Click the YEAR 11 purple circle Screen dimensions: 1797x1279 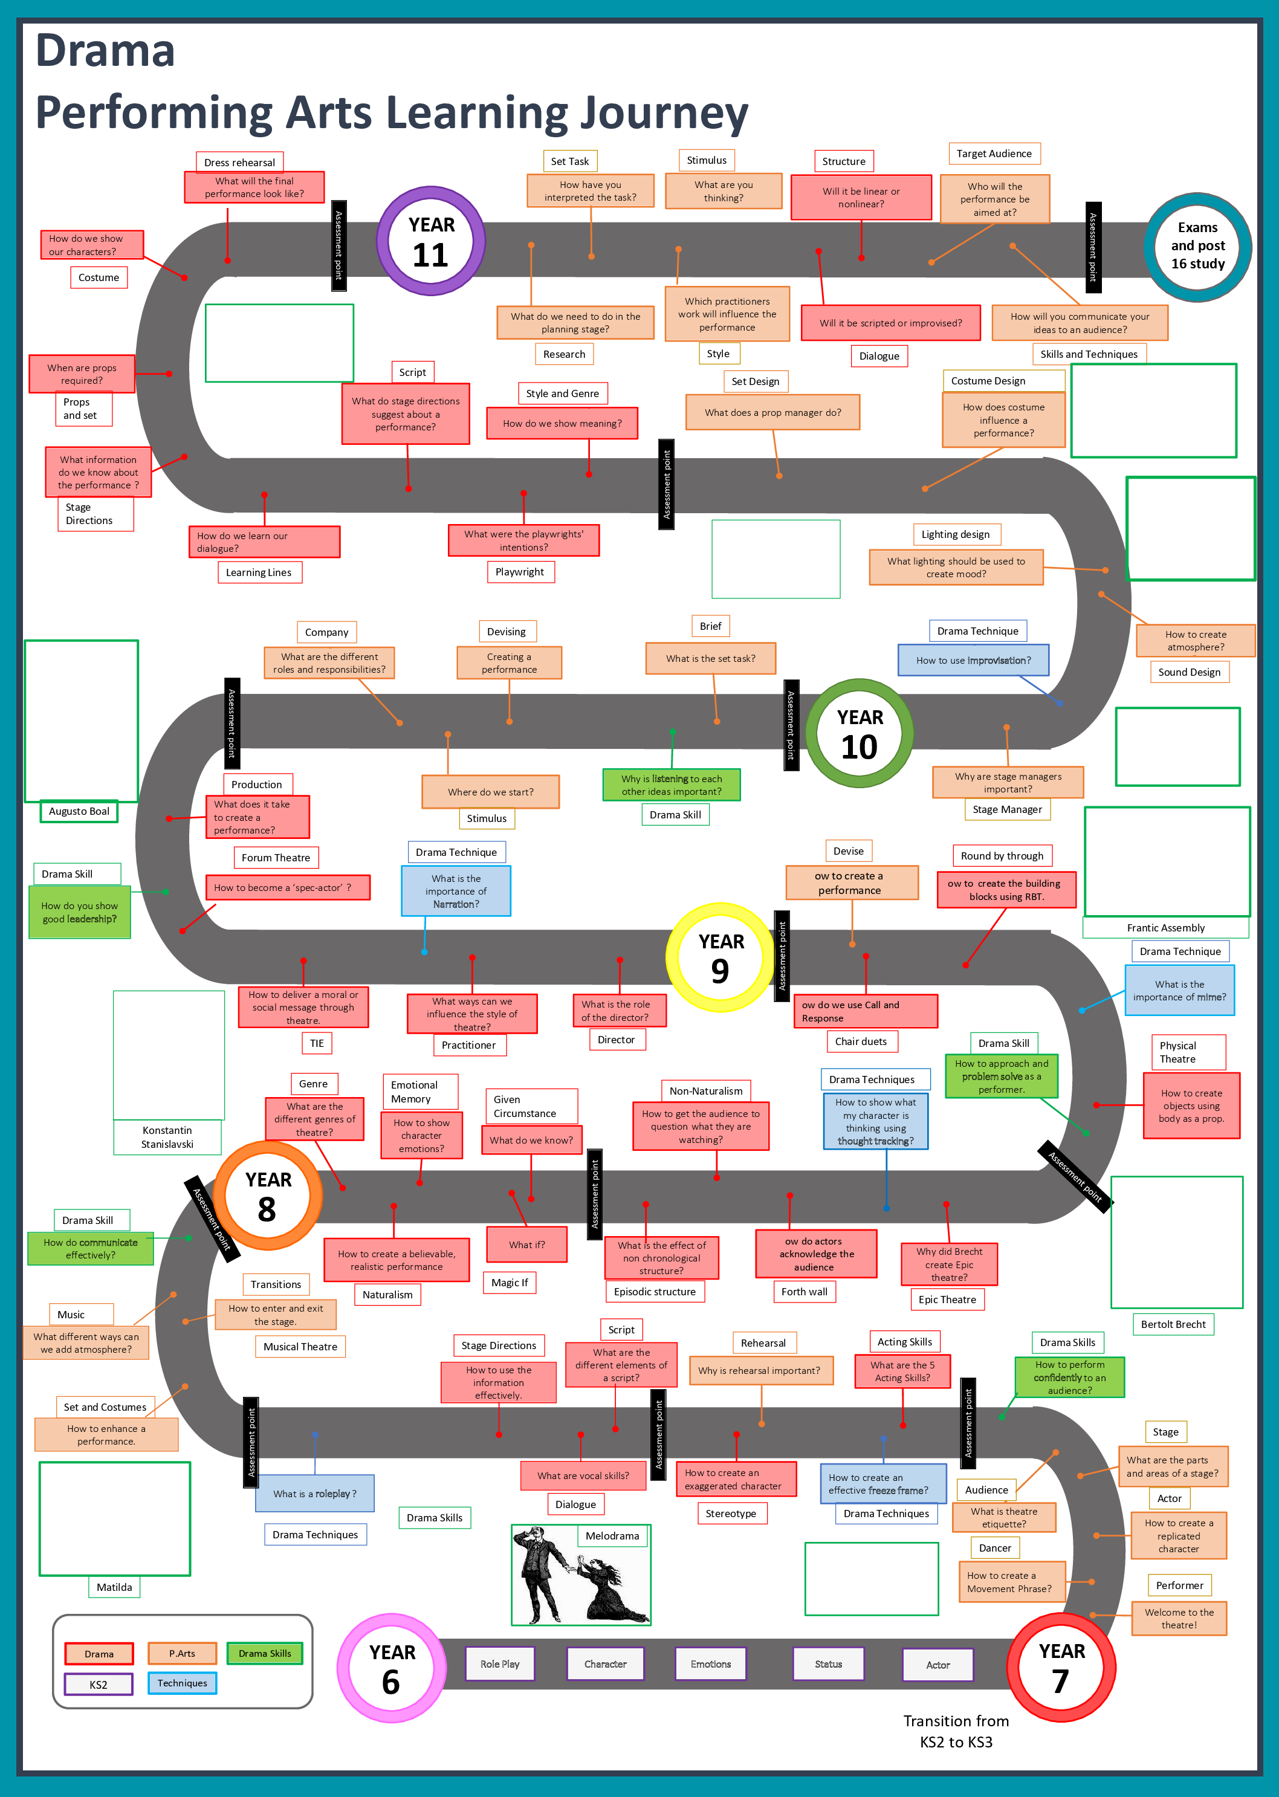pos(431,241)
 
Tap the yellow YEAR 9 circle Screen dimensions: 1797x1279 pos(720,957)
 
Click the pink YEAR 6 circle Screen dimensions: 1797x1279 pos(392,1667)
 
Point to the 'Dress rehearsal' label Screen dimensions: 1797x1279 pos(239,162)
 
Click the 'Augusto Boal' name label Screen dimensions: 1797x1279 pos(79,811)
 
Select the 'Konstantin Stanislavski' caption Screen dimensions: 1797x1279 pos(167,1137)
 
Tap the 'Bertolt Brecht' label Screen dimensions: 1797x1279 pos(1173,1324)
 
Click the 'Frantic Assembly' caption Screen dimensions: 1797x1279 pos(1165,928)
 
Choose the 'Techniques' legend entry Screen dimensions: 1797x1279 pos(182,1683)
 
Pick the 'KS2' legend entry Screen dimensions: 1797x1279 pos(99,1685)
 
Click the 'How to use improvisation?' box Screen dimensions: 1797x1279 pos(973,660)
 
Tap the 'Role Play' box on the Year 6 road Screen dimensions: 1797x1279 pos(499,1664)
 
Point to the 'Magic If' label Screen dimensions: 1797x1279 pos(510,1283)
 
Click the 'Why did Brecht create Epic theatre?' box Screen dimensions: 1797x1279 pos(948,1264)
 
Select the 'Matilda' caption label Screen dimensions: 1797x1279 pos(114,1587)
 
